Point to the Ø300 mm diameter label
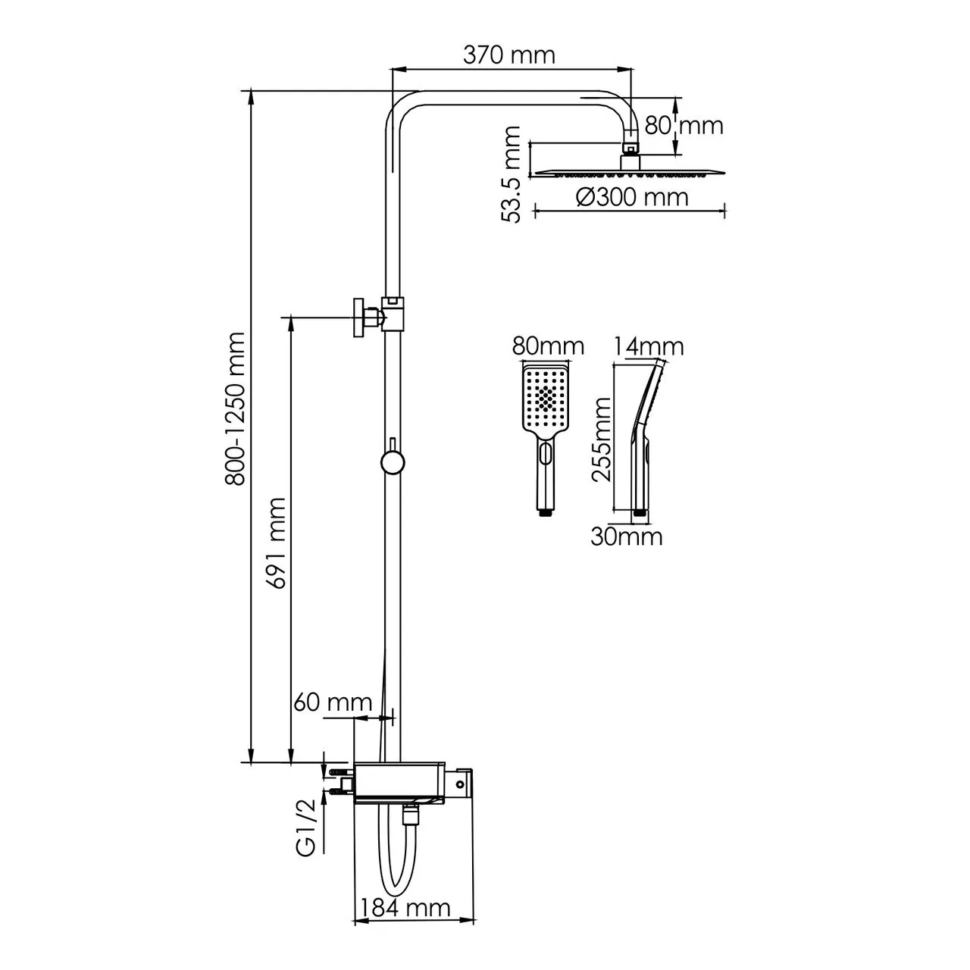[x=632, y=197]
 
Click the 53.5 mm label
[x=513, y=174]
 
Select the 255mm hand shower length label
[x=602, y=440]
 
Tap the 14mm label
[x=649, y=347]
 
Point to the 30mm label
[x=627, y=537]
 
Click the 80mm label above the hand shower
[x=548, y=347]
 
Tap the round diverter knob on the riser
[x=393, y=462]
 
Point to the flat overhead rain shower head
[x=629, y=173]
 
